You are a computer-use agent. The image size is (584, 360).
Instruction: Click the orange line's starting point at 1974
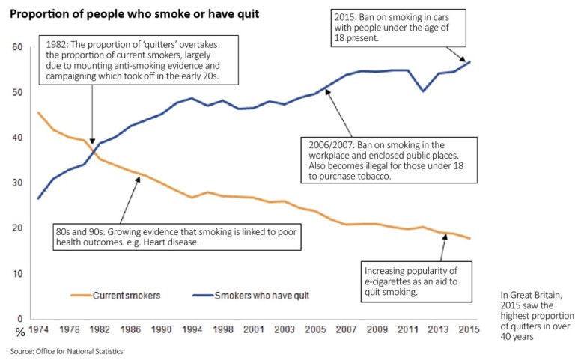[38, 112]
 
